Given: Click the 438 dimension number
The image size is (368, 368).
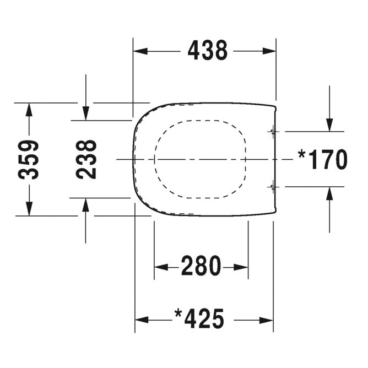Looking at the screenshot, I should (207, 51).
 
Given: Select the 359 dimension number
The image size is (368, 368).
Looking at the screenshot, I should (29, 160).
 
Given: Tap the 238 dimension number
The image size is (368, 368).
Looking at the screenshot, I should (86, 159).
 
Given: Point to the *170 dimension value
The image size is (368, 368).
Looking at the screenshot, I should (323, 160).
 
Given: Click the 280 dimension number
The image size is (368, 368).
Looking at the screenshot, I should (201, 267).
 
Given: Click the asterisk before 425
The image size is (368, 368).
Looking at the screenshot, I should (178, 314).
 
